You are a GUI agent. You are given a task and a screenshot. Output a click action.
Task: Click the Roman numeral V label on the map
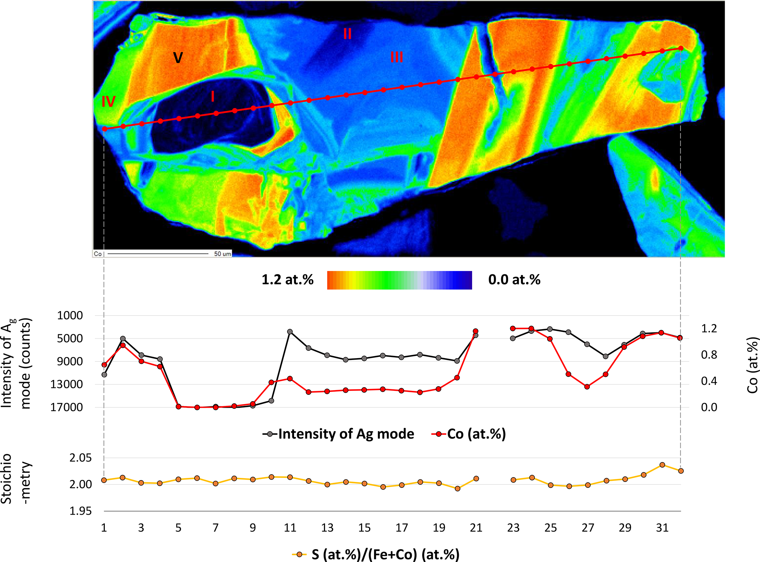click(x=178, y=58)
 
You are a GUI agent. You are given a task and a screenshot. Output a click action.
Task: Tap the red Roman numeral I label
click(x=213, y=97)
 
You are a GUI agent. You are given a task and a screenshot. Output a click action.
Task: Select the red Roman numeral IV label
click(x=108, y=101)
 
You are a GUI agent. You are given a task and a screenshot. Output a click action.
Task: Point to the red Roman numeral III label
click(x=397, y=57)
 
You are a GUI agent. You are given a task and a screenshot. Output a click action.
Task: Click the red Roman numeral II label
click(x=347, y=34)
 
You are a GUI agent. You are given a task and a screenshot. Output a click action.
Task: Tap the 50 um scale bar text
click(x=222, y=254)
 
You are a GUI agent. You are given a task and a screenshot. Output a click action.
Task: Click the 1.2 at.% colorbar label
click(x=288, y=280)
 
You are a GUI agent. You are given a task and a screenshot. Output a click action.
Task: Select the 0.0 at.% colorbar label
click(x=514, y=280)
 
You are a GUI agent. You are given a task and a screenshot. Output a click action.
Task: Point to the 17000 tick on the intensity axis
click(x=67, y=407)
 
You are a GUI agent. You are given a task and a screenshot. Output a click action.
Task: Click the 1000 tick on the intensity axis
click(x=70, y=315)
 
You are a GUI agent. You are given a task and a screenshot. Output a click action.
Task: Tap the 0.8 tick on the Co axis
click(x=709, y=355)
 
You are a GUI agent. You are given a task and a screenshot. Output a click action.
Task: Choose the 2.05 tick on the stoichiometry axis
click(x=81, y=458)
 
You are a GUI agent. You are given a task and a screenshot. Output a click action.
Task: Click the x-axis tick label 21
click(x=476, y=528)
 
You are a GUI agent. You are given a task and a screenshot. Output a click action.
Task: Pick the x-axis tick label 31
click(x=662, y=528)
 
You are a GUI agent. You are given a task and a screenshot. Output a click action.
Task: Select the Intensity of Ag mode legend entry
click(x=338, y=434)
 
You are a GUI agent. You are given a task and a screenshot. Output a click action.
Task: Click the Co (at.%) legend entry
click(x=469, y=434)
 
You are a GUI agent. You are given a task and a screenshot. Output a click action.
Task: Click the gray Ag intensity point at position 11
click(x=290, y=332)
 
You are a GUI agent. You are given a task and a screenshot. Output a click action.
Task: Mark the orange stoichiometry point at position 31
click(x=662, y=465)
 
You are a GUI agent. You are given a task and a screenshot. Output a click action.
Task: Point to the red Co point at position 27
click(x=587, y=387)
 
